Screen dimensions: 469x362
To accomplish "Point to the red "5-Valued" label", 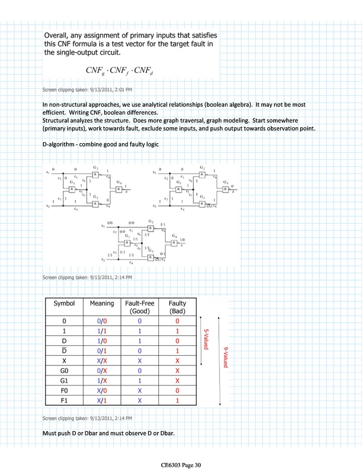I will tap(207, 338).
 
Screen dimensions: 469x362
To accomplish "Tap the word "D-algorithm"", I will tap(60, 145).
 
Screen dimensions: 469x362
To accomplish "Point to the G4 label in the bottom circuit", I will tap(157, 236).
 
